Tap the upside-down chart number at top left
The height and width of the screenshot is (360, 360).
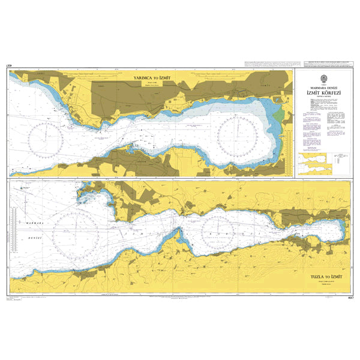point(9,65)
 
